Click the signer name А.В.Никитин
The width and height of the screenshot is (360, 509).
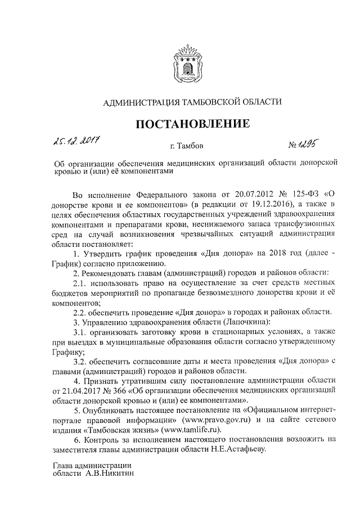[111, 475]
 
